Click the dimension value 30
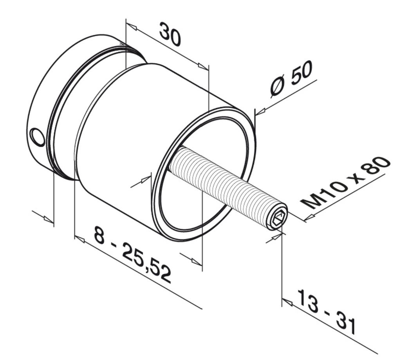pyautogui.click(x=170, y=34)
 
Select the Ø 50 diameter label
pyautogui.click(x=292, y=78)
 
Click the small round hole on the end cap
pyautogui.click(x=38, y=137)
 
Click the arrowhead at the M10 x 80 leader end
pyautogui.click(x=309, y=216)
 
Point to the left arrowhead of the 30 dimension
pyautogui.click(x=131, y=27)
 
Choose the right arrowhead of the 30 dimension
pyautogui.click(x=203, y=67)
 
